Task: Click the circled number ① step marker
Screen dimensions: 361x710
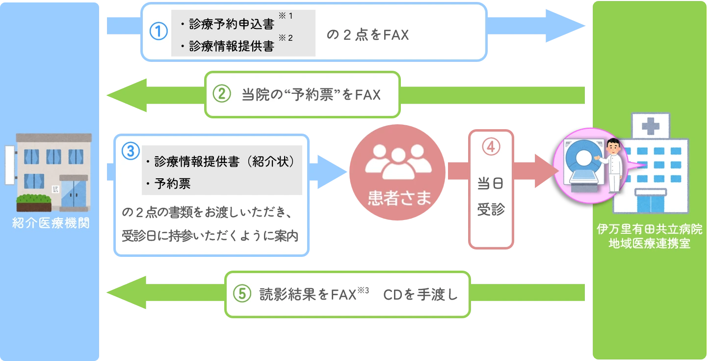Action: tap(158, 31)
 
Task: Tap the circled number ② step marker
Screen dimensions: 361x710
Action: tap(221, 94)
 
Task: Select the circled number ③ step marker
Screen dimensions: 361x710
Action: tap(131, 151)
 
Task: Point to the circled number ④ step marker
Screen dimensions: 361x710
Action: tap(491, 147)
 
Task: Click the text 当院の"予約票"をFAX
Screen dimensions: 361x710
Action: tap(311, 94)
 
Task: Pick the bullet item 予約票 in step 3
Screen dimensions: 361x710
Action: tap(172, 184)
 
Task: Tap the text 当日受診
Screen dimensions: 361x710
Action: tap(491, 196)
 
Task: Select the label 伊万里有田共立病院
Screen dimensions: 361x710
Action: tap(650, 230)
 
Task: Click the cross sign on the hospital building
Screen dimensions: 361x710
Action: tap(650, 127)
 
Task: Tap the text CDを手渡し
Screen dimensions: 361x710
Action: tap(420, 295)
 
